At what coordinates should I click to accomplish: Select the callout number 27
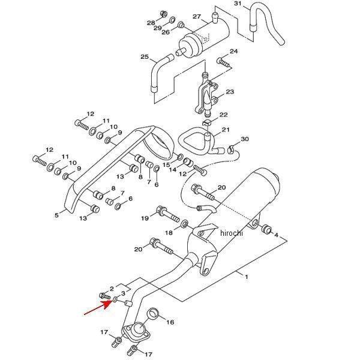pyautogui.click(x=196, y=17)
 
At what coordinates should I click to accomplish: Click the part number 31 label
pyautogui.click(x=238, y=4)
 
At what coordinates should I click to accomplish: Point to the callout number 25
pyautogui.click(x=144, y=57)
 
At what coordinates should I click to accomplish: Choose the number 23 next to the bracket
pyautogui.click(x=230, y=92)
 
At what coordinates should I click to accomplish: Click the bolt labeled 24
pyautogui.click(x=223, y=61)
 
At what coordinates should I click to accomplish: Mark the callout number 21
pyautogui.click(x=226, y=130)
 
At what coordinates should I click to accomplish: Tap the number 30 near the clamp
pyautogui.click(x=244, y=139)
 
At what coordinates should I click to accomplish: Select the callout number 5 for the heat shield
pyautogui.click(x=57, y=214)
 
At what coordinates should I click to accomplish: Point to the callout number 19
pyautogui.click(x=145, y=218)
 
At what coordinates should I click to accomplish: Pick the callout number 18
pyautogui.click(x=169, y=232)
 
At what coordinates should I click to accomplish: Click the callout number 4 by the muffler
pyautogui.click(x=277, y=235)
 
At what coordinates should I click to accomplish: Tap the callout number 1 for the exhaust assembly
pyautogui.click(x=245, y=276)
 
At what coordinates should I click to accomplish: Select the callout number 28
pyautogui.click(x=151, y=22)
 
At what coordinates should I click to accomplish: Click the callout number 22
pyautogui.click(x=223, y=115)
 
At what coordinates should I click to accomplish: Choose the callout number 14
pyautogui.click(x=172, y=170)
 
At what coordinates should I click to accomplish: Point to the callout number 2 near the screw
pyautogui.click(x=112, y=289)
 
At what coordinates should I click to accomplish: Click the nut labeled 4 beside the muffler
pyautogui.click(x=266, y=229)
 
